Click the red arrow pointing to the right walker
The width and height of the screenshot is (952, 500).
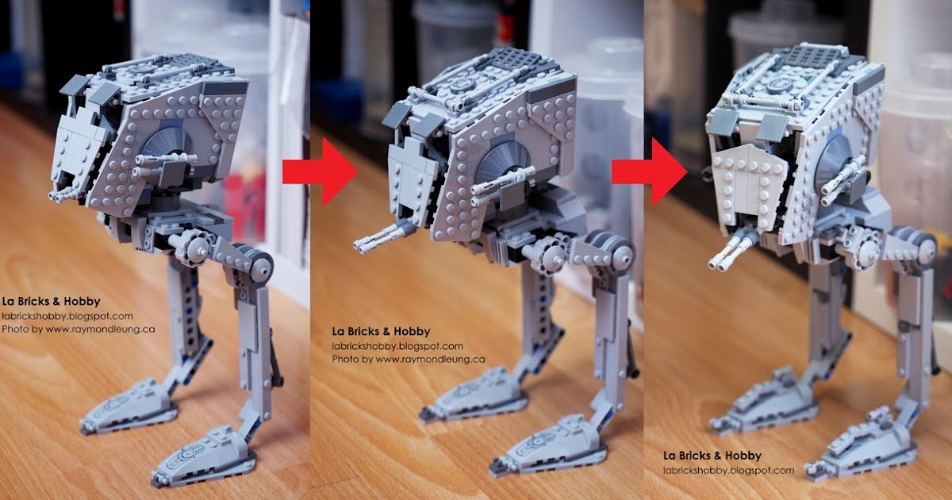click(x=650, y=171)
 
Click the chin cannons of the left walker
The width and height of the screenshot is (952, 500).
click(x=61, y=192)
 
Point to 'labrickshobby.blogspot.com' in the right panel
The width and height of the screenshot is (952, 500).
click(x=728, y=470)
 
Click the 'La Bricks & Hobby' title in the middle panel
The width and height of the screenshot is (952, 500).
click(x=381, y=331)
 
